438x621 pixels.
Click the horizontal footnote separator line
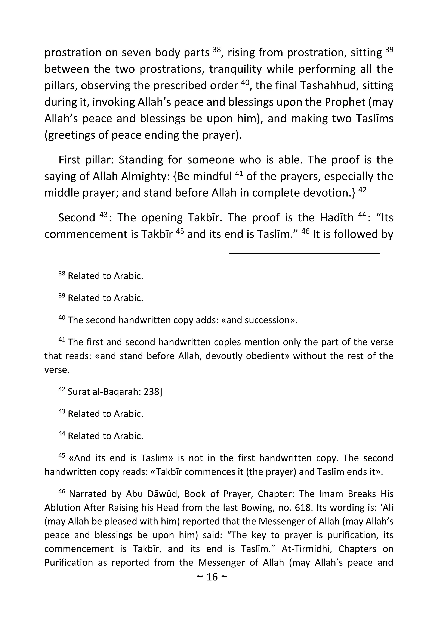pos(304,253)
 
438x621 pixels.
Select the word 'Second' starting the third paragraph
pos(77,218)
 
